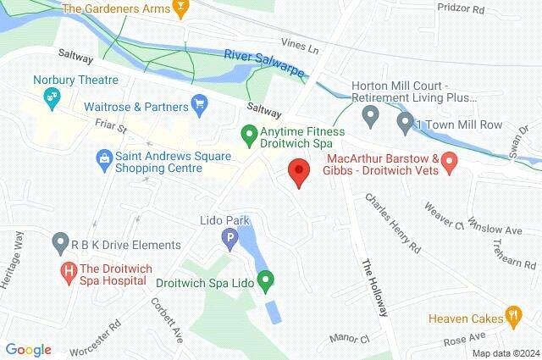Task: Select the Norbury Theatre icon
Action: click(x=52, y=99)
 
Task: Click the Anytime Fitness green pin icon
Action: click(x=248, y=133)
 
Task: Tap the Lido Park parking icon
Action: click(x=229, y=241)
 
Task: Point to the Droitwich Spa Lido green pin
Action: click(x=266, y=278)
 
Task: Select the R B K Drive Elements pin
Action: click(x=59, y=244)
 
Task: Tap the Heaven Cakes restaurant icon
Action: click(x=512, y=318)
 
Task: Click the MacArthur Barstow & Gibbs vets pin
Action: click(x=451, y=159)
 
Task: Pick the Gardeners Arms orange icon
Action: click(x=179, y=9)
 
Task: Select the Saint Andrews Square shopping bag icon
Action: click(x=103, y=157)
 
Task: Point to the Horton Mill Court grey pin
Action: click(x=370, y=114)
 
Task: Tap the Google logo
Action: click(x=28, y=349)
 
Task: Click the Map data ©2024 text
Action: click(x=505, y=353)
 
